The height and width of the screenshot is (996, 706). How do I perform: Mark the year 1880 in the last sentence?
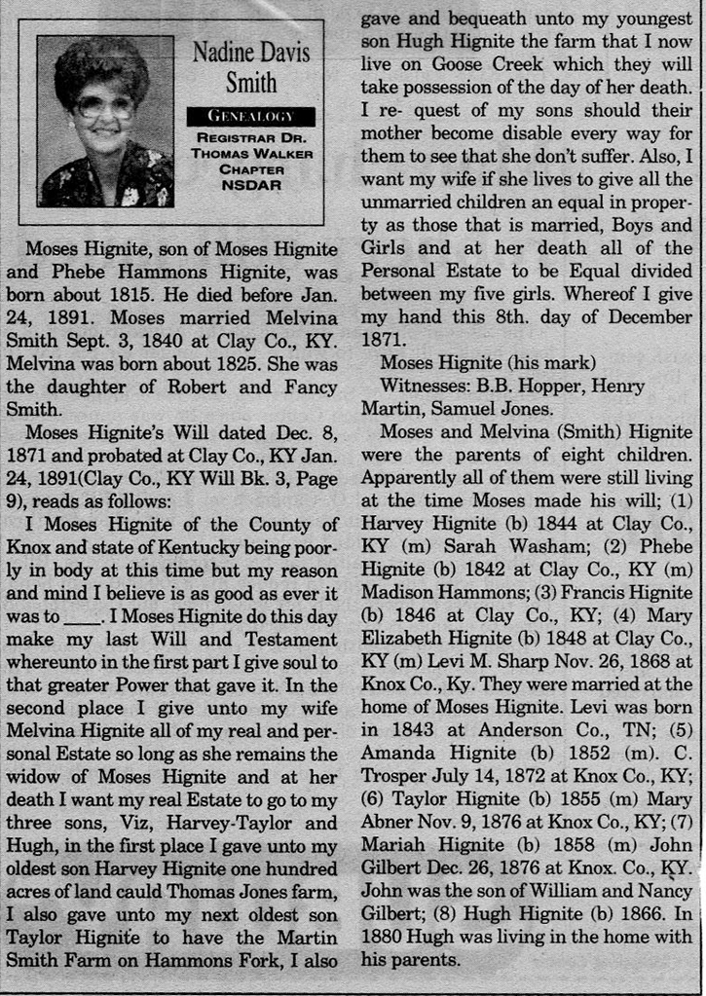point(389,939)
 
